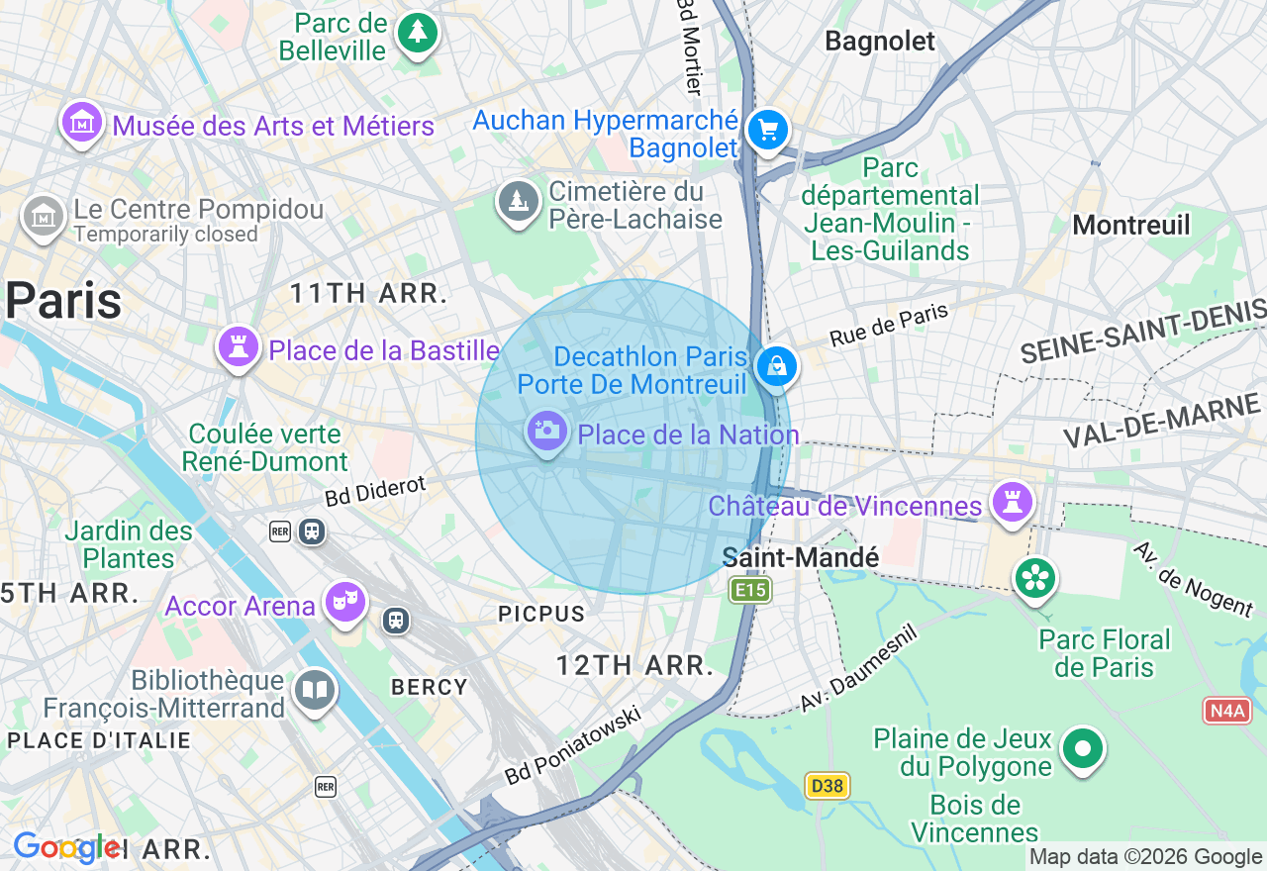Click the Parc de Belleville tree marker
[417, 34]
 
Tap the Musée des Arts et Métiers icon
[82, 123]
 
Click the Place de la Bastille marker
[238, 347]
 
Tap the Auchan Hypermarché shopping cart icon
[767, 130]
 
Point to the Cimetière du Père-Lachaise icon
[518, 202]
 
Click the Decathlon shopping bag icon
[777, 366]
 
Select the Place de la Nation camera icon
[545, 432]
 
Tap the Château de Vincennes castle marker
[1012, 503]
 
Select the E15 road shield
[749, 591]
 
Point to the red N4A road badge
[1227, 710]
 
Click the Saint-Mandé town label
[800, 558]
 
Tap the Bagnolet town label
[879, 41]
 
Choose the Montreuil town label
[1131, 225]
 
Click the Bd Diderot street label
[375, 490]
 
